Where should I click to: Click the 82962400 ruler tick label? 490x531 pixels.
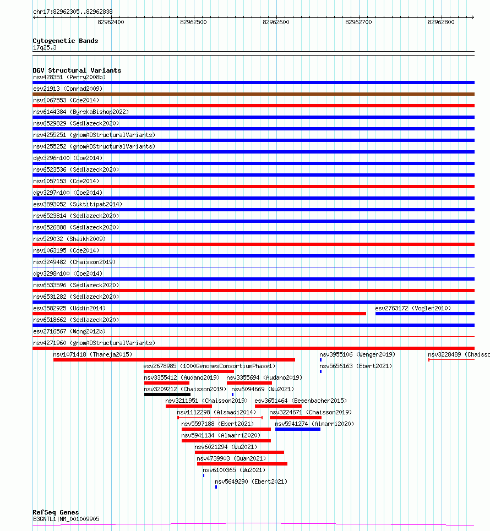click(x=111, y=22)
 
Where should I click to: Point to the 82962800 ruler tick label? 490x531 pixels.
click(x=441, y=22)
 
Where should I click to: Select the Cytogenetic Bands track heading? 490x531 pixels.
click(x=65, y=41)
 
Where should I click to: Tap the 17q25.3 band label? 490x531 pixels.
click(x=45, y=47)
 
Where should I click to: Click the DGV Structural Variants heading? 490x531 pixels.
click(x=77, y=70)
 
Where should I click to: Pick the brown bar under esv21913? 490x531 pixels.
click(x=253, y=94)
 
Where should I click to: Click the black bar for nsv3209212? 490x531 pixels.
click(x=167, y=394)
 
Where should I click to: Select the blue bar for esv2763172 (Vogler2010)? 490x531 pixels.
click(x=424, y=314)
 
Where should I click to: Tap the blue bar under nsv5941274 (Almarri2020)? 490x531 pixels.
click(x=297, y=429)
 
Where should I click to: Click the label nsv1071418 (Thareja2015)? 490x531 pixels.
click(x=92, y=354)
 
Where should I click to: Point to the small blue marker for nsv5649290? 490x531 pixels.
click(x=216, y=487)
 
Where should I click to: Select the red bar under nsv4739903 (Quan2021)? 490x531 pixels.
click(x=242, y=464)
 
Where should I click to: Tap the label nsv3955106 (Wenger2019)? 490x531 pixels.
click(x=357, y=354)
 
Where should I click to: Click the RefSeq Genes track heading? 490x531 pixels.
click(x=56, y=512)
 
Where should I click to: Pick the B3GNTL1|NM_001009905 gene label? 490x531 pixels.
click(x=66, y=519)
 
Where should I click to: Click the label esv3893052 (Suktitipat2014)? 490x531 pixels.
click(x=78, y=204)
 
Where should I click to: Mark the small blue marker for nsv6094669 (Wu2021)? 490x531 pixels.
click(x=232, y=395)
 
